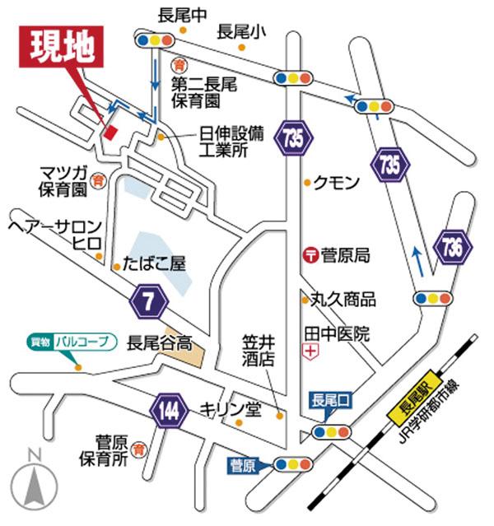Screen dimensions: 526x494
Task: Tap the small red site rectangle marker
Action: click(111, 133)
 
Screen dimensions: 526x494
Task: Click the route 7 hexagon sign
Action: click(149, 302)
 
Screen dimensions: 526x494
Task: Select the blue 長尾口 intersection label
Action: click(331, 402)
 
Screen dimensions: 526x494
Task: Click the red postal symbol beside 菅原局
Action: click(310, 255)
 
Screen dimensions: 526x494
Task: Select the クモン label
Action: click(336, 184)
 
